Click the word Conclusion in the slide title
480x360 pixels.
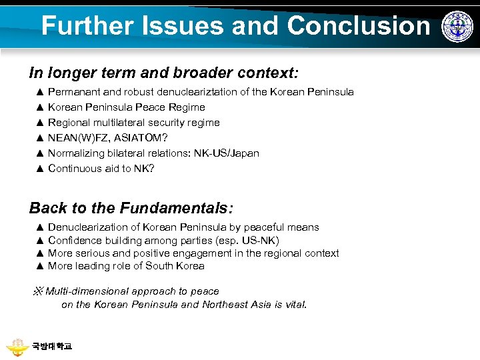pos(359,26)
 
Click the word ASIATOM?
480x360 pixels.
pos(141,138)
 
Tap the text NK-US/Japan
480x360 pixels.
pos(227,153)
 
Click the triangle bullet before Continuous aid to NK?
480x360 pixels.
pos(39,169)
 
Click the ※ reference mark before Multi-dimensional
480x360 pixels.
pos(38,291)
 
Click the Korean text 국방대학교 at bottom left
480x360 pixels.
pos(51,346)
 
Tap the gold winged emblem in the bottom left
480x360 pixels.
pos(17,347)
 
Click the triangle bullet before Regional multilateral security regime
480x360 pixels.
pos(39,123)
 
